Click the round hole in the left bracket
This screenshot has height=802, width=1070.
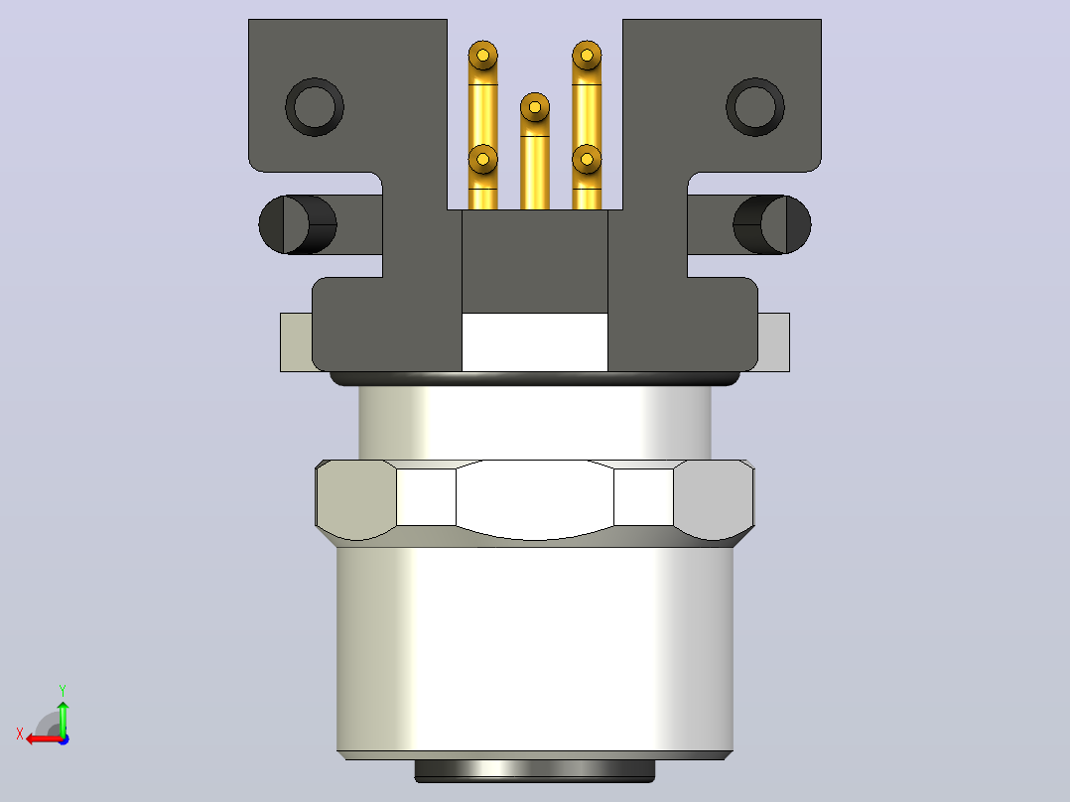pos(315,107)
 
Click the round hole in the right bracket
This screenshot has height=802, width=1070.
pos(755,107)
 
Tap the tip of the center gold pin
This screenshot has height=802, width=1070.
pos(535,107)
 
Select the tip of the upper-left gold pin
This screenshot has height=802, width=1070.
pos(483,55)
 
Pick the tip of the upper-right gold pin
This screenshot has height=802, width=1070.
pos(587,55)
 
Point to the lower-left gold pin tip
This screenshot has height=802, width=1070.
pos(483,159)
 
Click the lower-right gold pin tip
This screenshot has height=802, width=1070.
pos(587,159)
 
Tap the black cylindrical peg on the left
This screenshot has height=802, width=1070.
pos(298,224)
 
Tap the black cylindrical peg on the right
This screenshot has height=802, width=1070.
pos(772,224)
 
